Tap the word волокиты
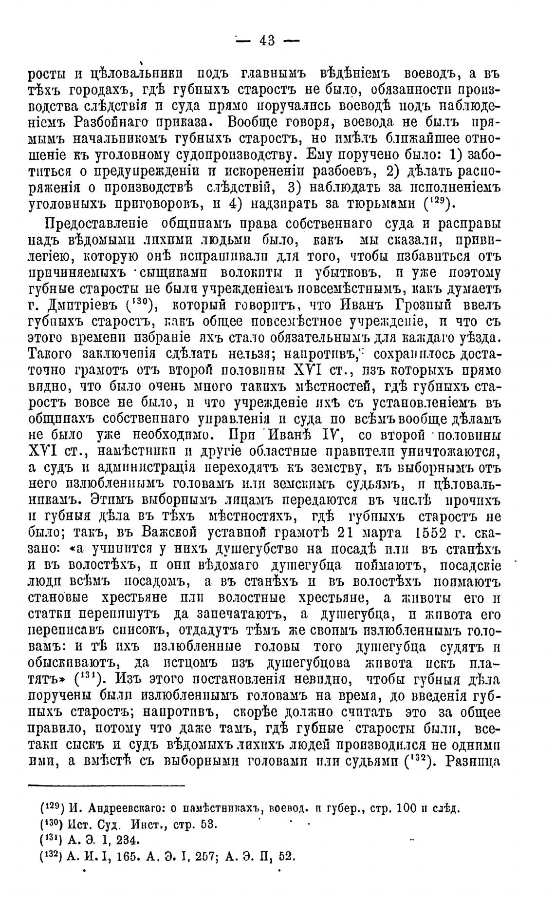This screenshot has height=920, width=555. coord(231,273)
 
